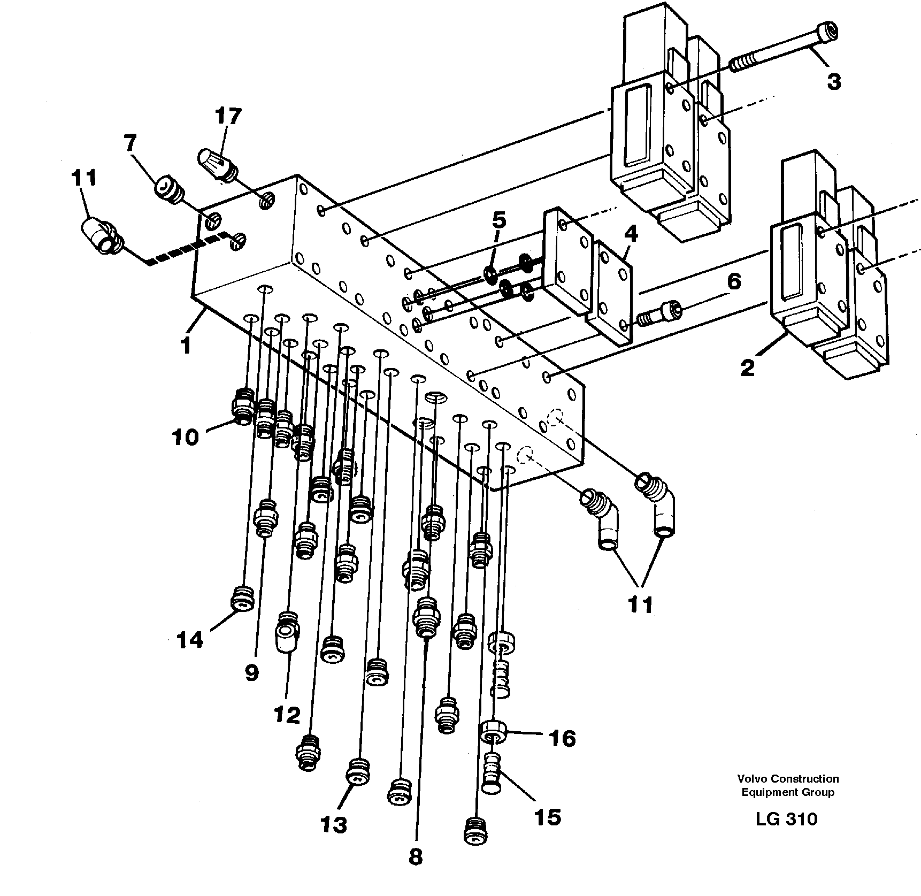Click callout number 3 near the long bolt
(x=833, y=82)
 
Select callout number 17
(x=228, y=116)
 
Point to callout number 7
(x=129, y=143)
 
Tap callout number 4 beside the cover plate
(x=631, y=234)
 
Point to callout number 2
(x=747, y=367)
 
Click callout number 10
(x=185, y=437)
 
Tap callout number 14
(x=190, y=639)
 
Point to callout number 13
(x=334, y=825)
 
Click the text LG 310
(x=786, y=819)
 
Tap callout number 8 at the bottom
(x=416, y=857)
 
